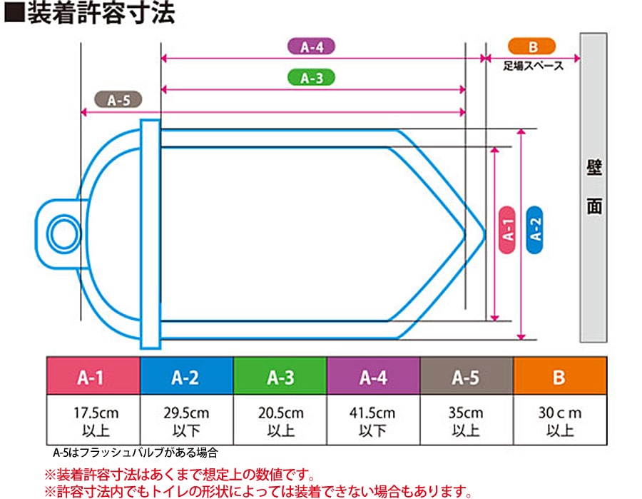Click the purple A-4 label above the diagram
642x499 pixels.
pos(312,47)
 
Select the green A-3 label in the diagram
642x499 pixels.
pos(311,78)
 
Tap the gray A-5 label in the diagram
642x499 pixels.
pos(118,100)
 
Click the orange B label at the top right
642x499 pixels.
pos(532,47)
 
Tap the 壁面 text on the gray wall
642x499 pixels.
pos(594,188)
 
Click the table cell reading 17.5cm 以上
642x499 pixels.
pos(93,421)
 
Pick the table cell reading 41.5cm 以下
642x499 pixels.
pos(373,421)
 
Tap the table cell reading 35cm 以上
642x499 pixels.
pos(466,421)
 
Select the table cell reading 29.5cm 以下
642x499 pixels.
pos(185,421)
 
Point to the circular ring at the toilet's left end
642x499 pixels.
pos(63,232)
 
